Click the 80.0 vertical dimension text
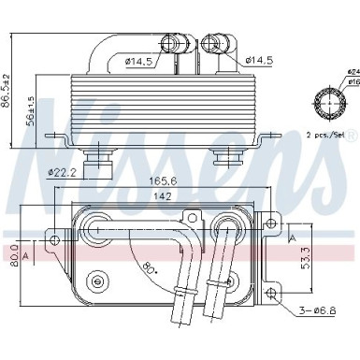15,254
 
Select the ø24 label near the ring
352,71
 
